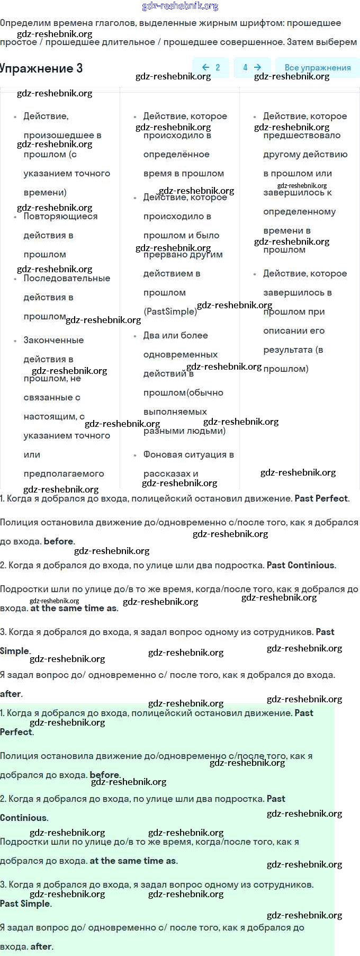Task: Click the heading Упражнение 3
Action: pos(41,68)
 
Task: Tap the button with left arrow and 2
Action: pos(211,67)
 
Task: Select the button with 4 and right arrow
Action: pos(252,67)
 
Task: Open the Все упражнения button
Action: pos(318,67)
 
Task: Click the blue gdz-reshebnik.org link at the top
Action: pos(180,6)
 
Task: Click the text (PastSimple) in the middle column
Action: pos(170,311)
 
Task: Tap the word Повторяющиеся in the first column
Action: pos(60,216)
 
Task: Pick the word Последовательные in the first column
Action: pos(67,278)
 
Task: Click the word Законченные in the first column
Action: pos(53,340)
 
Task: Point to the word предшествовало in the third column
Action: pos(302,135)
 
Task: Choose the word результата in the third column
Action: pos(288,350)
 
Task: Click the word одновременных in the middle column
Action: pos(181,354)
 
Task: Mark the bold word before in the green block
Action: pos(104,775)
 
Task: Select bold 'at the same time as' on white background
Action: pos(74,608)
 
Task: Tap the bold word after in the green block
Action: pos(41,946)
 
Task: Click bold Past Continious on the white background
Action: pos(300,565)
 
